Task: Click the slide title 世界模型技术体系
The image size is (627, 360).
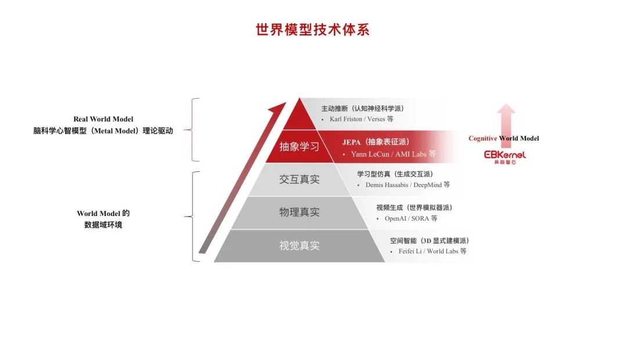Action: coord(312,30)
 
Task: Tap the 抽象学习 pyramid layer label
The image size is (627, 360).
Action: coord(299,147)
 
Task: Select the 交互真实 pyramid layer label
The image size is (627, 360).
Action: coord(299,179)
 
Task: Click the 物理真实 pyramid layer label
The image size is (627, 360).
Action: coord(299,212)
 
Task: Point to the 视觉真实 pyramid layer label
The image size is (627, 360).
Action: coord(299,246)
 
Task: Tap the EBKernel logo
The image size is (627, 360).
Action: coord(505,157)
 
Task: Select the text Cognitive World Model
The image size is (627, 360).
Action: coord(503,138)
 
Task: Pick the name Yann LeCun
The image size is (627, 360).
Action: coord(370,154)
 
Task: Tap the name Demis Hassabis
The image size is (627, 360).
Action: coord(387,185)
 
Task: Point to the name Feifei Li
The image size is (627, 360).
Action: coord(410,251)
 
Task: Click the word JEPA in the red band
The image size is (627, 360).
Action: coord(351,142)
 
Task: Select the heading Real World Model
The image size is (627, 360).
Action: coord(103,119)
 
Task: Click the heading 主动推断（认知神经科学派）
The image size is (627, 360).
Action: coord(363,109)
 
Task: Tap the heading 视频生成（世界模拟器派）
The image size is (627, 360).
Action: coord(415,208)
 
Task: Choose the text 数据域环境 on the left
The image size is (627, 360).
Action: coord(103,225)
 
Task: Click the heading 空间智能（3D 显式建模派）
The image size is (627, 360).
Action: coord(430,241)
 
